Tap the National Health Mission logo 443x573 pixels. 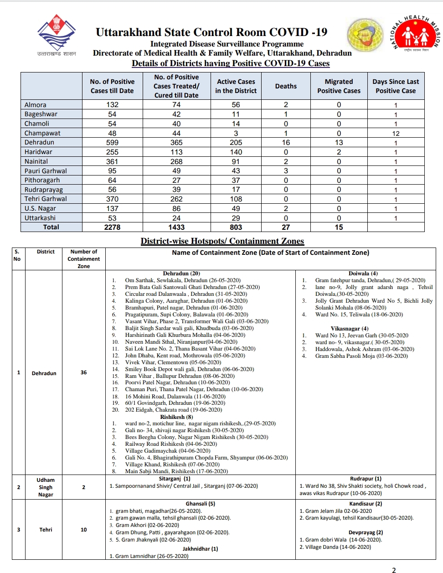(x=415, y=35)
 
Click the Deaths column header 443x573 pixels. (x=286, y=86)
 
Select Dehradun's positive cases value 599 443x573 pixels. (x=112, y=143)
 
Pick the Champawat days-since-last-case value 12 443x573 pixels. (x=396, y=134)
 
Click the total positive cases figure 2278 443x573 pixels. (x=112, y=227)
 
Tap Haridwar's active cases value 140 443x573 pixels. (x=236, y=152)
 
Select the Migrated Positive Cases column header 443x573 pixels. (x=339, y=86)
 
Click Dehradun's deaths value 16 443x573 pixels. (x=286, y=143)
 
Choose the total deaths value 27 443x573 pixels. (x=286, y=227)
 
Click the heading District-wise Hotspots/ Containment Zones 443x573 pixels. (x=222, y=241)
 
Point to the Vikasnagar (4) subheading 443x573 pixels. (x=350, y=328)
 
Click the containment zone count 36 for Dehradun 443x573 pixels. (x=83, y=372)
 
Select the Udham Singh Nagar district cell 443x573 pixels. (x=46, y=487)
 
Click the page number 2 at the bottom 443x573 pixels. (x=394, y=570)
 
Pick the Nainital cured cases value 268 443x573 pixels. (x=176, y=162)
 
